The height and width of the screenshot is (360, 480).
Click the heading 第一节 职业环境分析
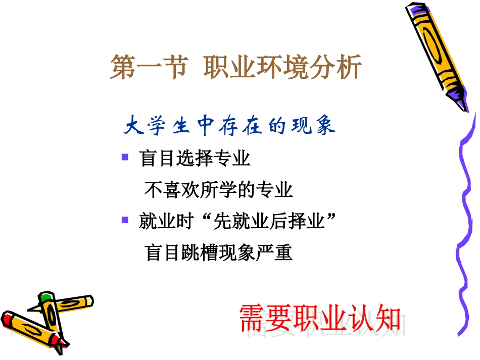[x=236, y=68]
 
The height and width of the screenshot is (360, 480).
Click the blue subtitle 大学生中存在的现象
[x=229, y=126]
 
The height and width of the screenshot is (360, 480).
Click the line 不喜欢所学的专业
[x=218, y=190]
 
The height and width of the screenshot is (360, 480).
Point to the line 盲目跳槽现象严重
[x=218, y=252]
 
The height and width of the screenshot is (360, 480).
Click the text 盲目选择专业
[x=195, y=159]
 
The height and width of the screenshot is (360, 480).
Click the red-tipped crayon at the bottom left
[x=30, y=328]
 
